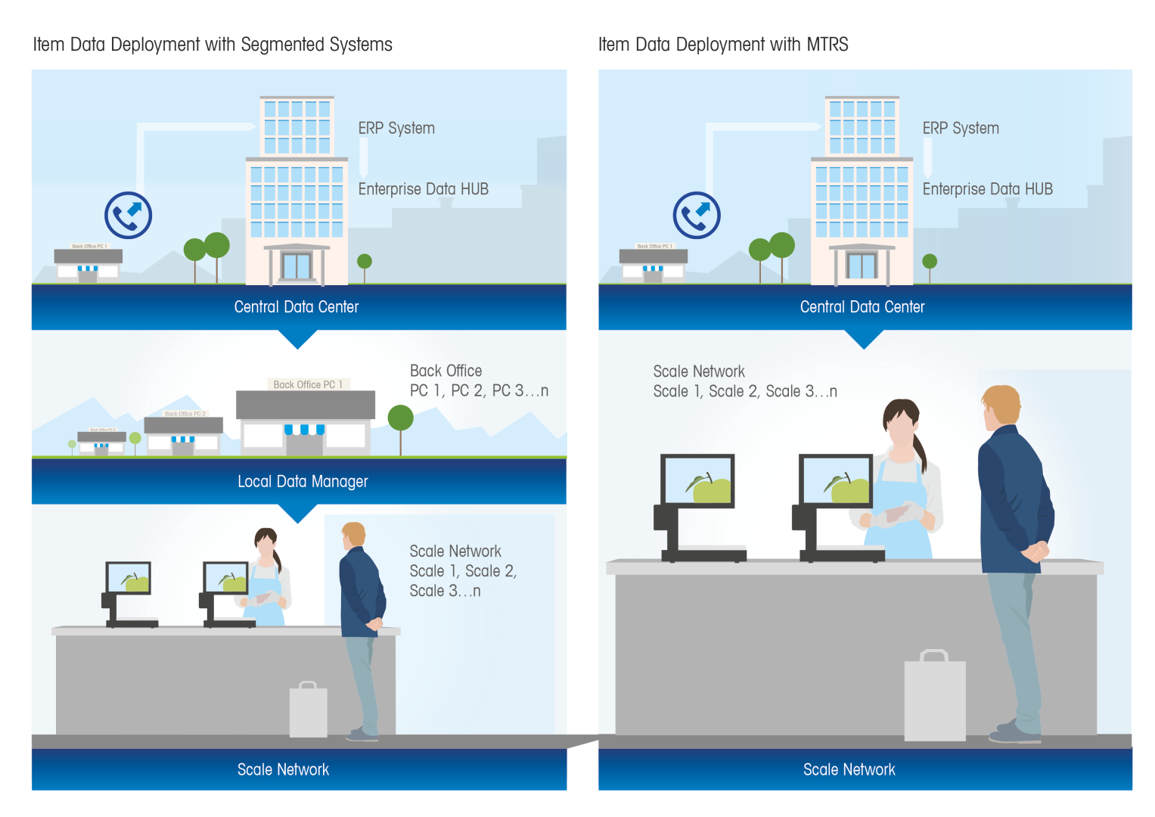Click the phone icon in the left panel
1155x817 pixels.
click(x=128, y=216)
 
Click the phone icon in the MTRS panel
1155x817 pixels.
click(x=696, y=216)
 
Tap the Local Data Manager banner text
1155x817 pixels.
click(x=303, y=482)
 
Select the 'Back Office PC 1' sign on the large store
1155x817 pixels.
click(x=308, y=384)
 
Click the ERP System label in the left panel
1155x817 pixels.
click(x=396, y=129)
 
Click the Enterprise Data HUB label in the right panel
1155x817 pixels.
click(x=987, y=189)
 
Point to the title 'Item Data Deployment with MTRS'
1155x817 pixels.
click(x=722, y=45)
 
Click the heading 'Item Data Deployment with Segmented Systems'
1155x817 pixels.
click(x=213, y=45)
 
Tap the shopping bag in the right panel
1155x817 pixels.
click(x=935, y=697)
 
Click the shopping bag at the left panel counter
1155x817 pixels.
click(x=309, y=710)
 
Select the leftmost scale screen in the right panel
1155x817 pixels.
click(x=697, y=480)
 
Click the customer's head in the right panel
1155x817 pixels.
click(x=1001, y=405)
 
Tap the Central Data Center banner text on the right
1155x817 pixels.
click(x=862, y=307)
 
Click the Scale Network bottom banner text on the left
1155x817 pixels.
click(x=283, y=770)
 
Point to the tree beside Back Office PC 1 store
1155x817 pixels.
click(x=400, y=420)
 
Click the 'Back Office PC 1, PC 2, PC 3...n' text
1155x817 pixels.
click(x=478, y=381)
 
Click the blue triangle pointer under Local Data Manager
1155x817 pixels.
click(x=298, y=513)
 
